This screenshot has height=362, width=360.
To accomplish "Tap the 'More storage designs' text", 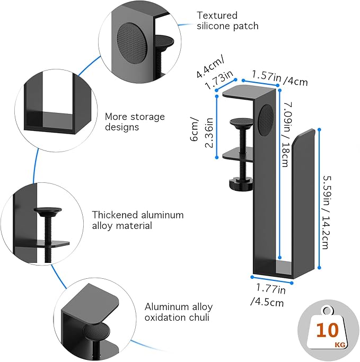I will (x=135, y=121).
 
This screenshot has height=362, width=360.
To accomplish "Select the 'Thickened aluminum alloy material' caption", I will (x=138, y=220).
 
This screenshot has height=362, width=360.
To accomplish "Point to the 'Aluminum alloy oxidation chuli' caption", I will (x=179, y=312).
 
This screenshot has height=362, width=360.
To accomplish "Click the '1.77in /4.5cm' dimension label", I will (x=270, y=296).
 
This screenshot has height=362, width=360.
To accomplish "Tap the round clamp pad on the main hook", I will (x=241, y=124).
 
